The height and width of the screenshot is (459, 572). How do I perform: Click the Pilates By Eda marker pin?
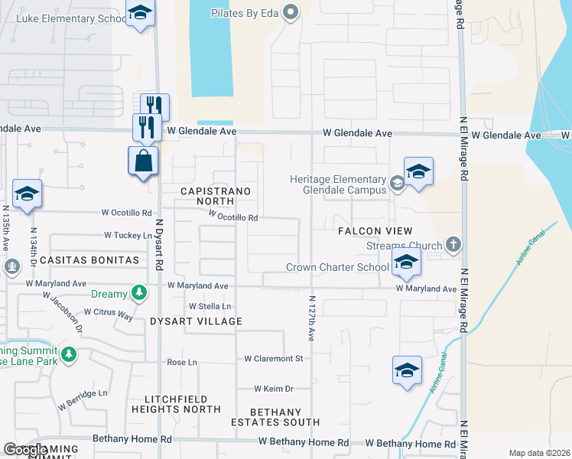pos(290,11)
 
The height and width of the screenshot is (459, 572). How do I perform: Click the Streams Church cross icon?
pos(453,245)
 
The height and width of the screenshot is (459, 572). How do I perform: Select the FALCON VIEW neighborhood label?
pos(375,231)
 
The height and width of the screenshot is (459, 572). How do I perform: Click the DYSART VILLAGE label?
pos(196,321)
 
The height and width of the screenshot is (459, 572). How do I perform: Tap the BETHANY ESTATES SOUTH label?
pos(276,417)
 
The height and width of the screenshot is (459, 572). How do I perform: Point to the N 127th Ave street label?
pos(312,321)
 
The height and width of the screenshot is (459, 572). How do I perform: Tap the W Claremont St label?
pos(274,358)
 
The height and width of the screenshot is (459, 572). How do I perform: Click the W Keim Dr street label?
pos(274,389)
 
